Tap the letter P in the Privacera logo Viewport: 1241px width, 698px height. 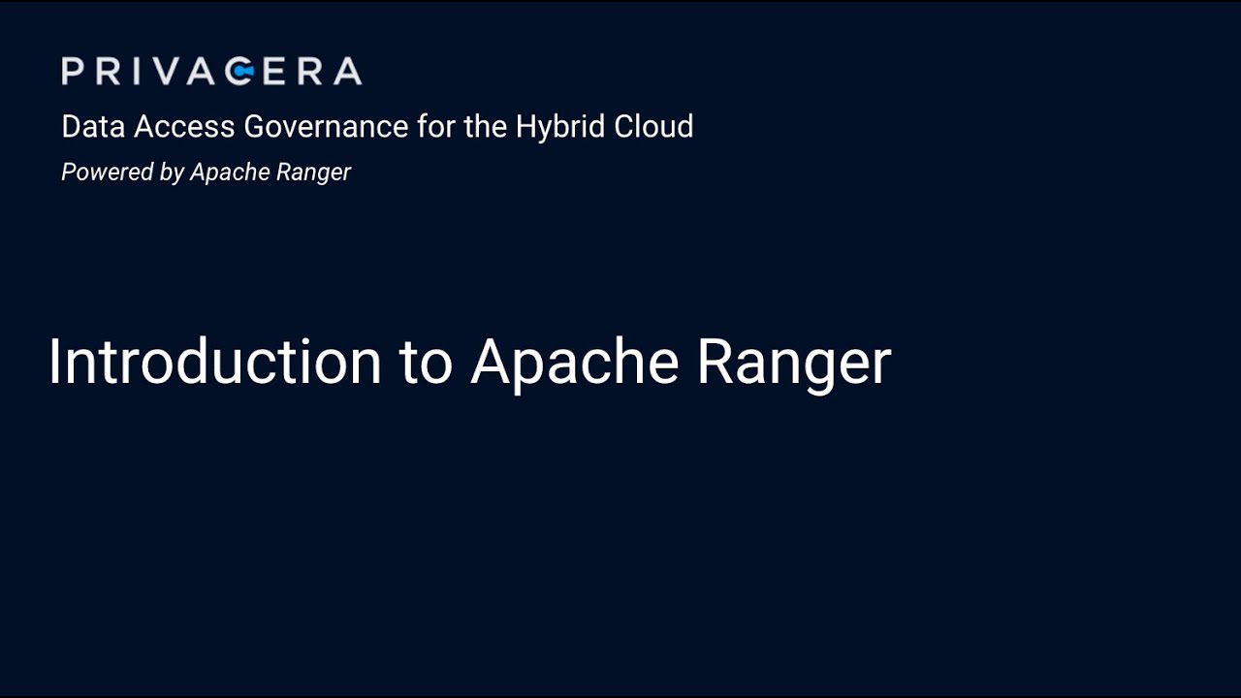(72, 71)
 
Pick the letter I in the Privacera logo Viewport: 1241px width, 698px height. (137, 71)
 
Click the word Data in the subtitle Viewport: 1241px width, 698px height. (93, 127)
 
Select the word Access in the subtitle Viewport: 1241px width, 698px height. (183, 127)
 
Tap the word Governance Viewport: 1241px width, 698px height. (326, 127)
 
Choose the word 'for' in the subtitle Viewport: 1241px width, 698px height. (435, 127)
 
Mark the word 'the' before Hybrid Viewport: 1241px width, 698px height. (485, 127)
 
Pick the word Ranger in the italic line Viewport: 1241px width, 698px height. (311, 174)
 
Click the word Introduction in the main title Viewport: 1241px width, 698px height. (214, 362)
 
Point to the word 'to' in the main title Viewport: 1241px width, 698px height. (426, 363)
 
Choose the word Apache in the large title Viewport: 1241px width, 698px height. (574, 363)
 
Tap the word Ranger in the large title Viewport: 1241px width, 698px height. (793, 363)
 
